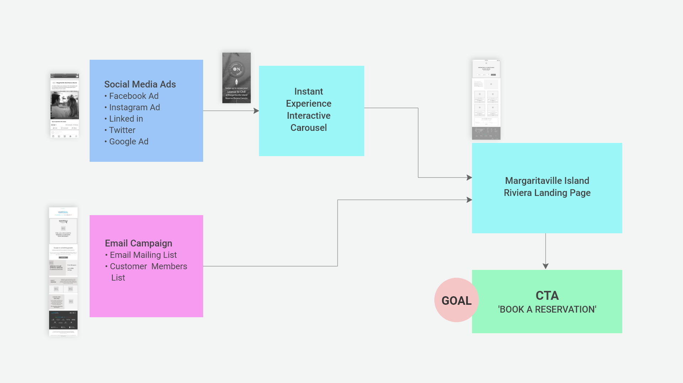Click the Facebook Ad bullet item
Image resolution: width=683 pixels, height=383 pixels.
(133, 96)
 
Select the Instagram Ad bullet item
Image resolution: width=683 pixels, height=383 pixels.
(134, 107)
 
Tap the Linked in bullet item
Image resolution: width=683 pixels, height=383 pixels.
(126, 119)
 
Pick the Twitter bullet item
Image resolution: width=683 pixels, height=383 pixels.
(122, 130)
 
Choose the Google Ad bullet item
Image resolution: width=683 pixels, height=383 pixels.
(128, 142)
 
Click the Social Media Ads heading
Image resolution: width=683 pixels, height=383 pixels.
(140, 84)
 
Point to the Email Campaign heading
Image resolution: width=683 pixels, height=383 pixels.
(138, 243)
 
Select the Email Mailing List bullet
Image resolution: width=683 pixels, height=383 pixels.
(143, 255)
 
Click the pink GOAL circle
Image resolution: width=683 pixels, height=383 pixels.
(456, 300)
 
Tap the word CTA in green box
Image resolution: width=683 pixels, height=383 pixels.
(547, 296)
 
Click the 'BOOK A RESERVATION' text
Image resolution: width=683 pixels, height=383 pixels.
(547, 309)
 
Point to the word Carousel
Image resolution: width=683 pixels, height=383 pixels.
(308, 128)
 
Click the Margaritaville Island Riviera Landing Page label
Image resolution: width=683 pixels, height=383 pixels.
(547, 187)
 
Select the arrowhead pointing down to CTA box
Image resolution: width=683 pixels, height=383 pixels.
(545, 266)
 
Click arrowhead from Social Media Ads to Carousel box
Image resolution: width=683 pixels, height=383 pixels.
(256, 111)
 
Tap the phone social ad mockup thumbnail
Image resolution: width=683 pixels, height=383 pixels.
(64, 106)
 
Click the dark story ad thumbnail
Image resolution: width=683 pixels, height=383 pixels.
(237, 78)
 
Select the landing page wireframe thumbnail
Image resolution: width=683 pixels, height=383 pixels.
(486, 100)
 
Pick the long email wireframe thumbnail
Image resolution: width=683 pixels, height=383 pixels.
(63, 271)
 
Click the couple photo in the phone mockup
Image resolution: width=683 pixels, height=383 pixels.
(64, 105)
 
